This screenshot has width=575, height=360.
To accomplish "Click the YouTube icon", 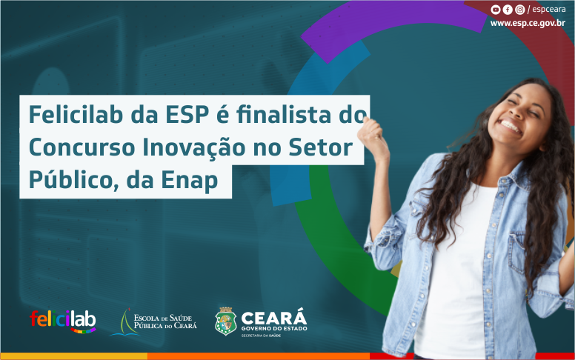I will coord(496,10).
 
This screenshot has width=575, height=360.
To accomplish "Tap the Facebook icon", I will coord(508,10).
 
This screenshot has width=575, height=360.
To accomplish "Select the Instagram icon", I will coord(519,10).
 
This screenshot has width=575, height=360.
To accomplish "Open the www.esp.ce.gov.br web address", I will coord(531,23).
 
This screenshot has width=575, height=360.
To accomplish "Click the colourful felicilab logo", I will coord(62,320).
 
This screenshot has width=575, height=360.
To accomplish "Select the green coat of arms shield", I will coord(225,321).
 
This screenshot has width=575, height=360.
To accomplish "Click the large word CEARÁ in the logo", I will coord(273,317).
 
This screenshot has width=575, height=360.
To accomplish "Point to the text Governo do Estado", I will coord(273,329).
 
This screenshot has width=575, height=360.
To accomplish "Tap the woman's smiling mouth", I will coord(511,126).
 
